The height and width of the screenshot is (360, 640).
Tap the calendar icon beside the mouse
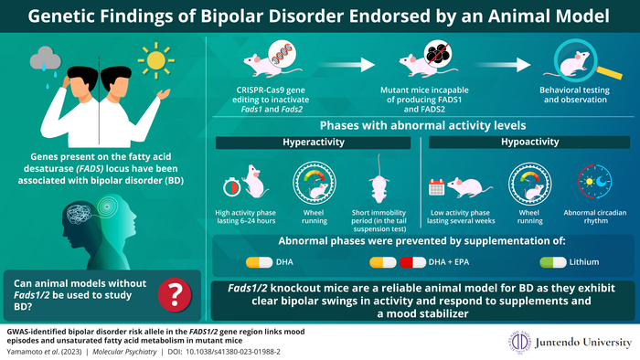436,185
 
